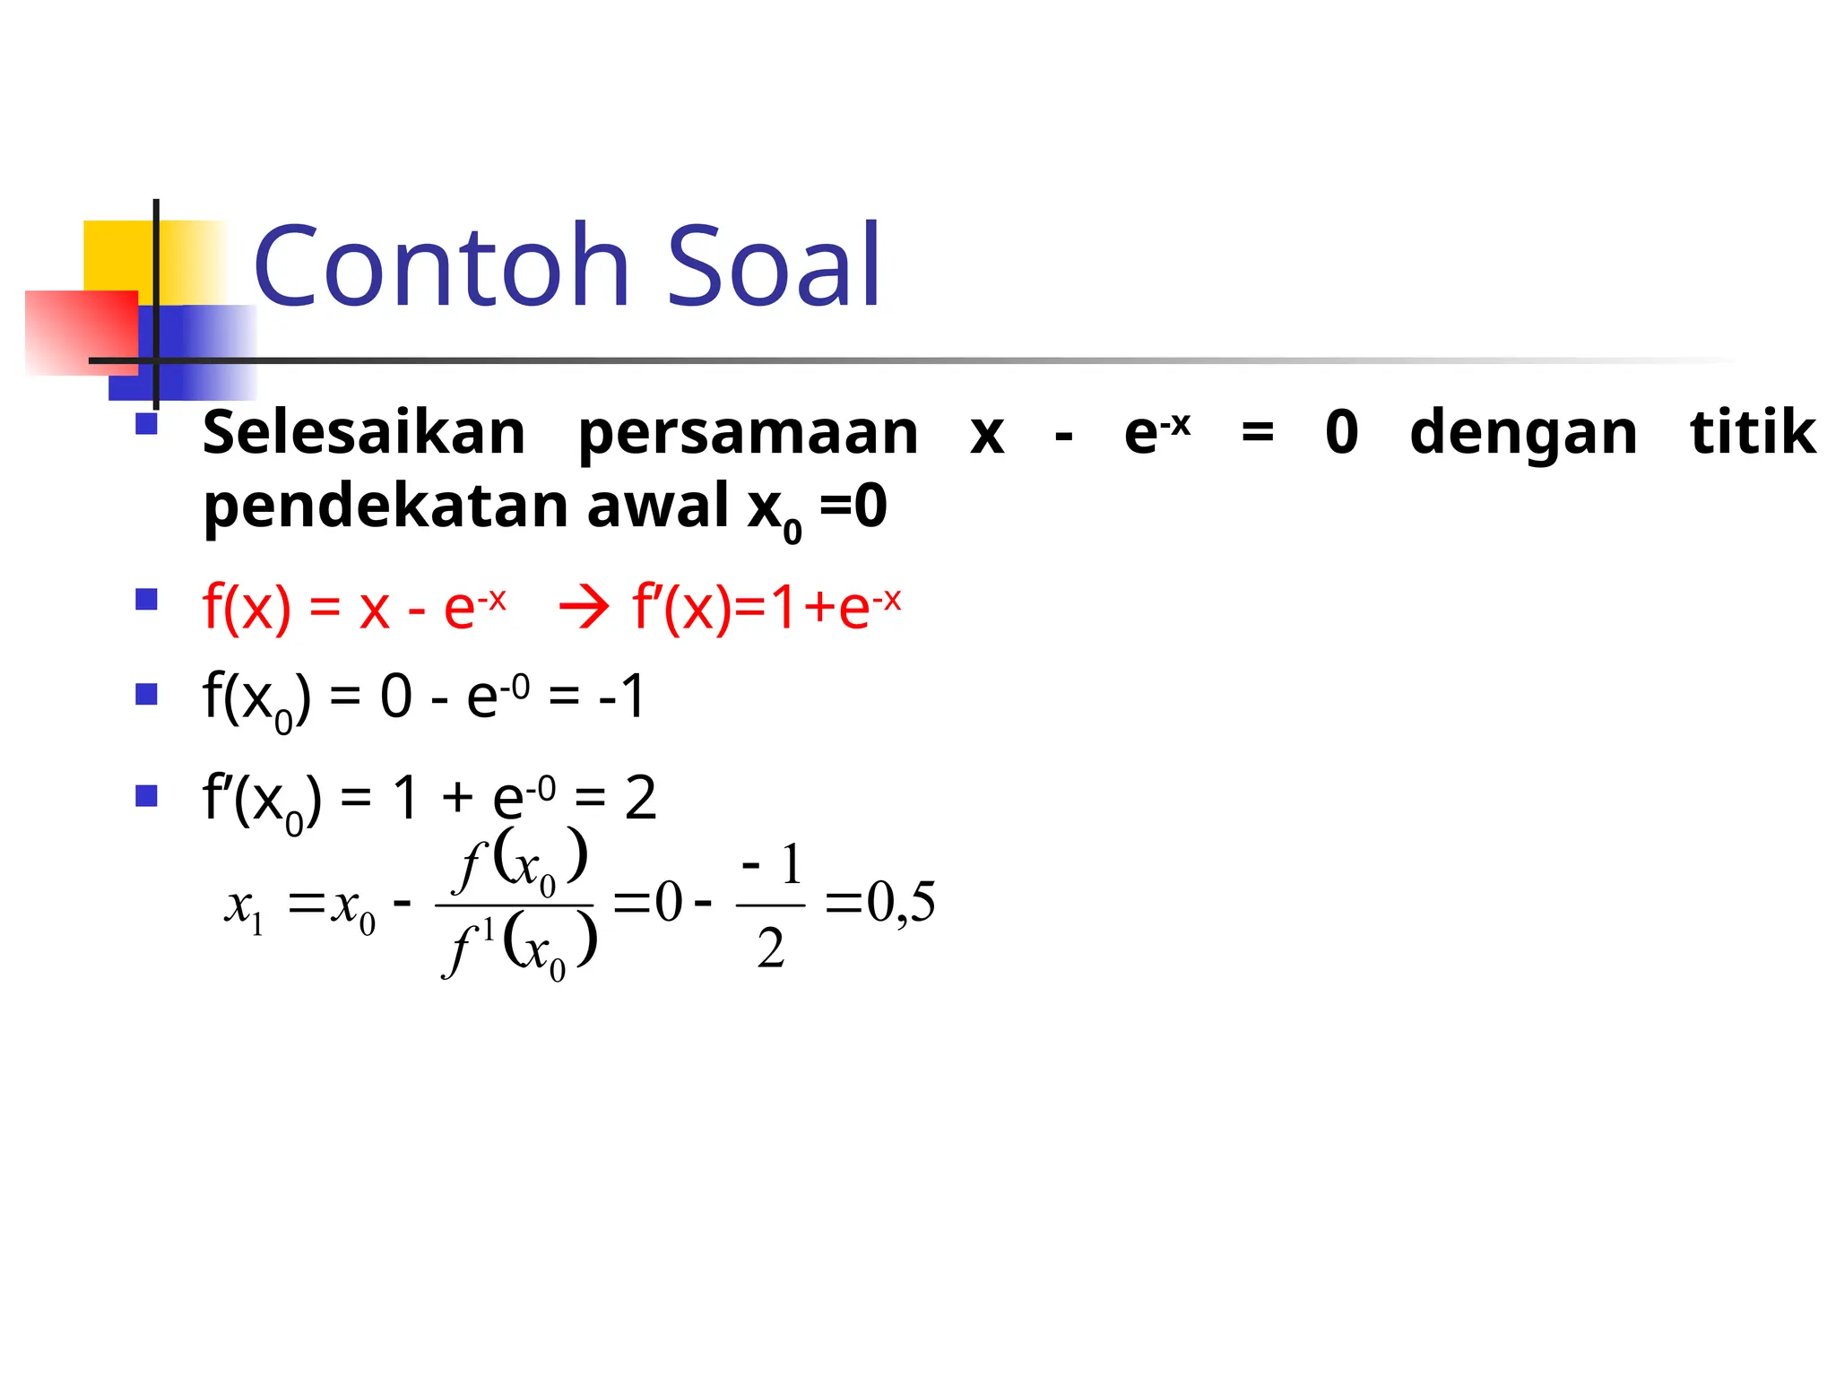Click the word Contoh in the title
tap(442, 266)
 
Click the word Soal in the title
tap(774, 266)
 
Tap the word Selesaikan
tap(364, 434)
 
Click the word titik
tap(1752, 432)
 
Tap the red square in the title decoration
tap(81, 332)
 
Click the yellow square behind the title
tap(117, 255)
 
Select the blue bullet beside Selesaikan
tap(146, 423)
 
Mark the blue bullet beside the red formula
tap(146, 599)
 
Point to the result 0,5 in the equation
tap(900, 902)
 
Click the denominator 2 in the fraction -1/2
tap(770, 948)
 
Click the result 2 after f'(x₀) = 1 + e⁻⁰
tap(640, 797)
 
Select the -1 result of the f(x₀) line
tap(621, 697)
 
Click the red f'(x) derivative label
tap(681, 608)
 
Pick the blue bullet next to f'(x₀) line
tap(146, 795)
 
